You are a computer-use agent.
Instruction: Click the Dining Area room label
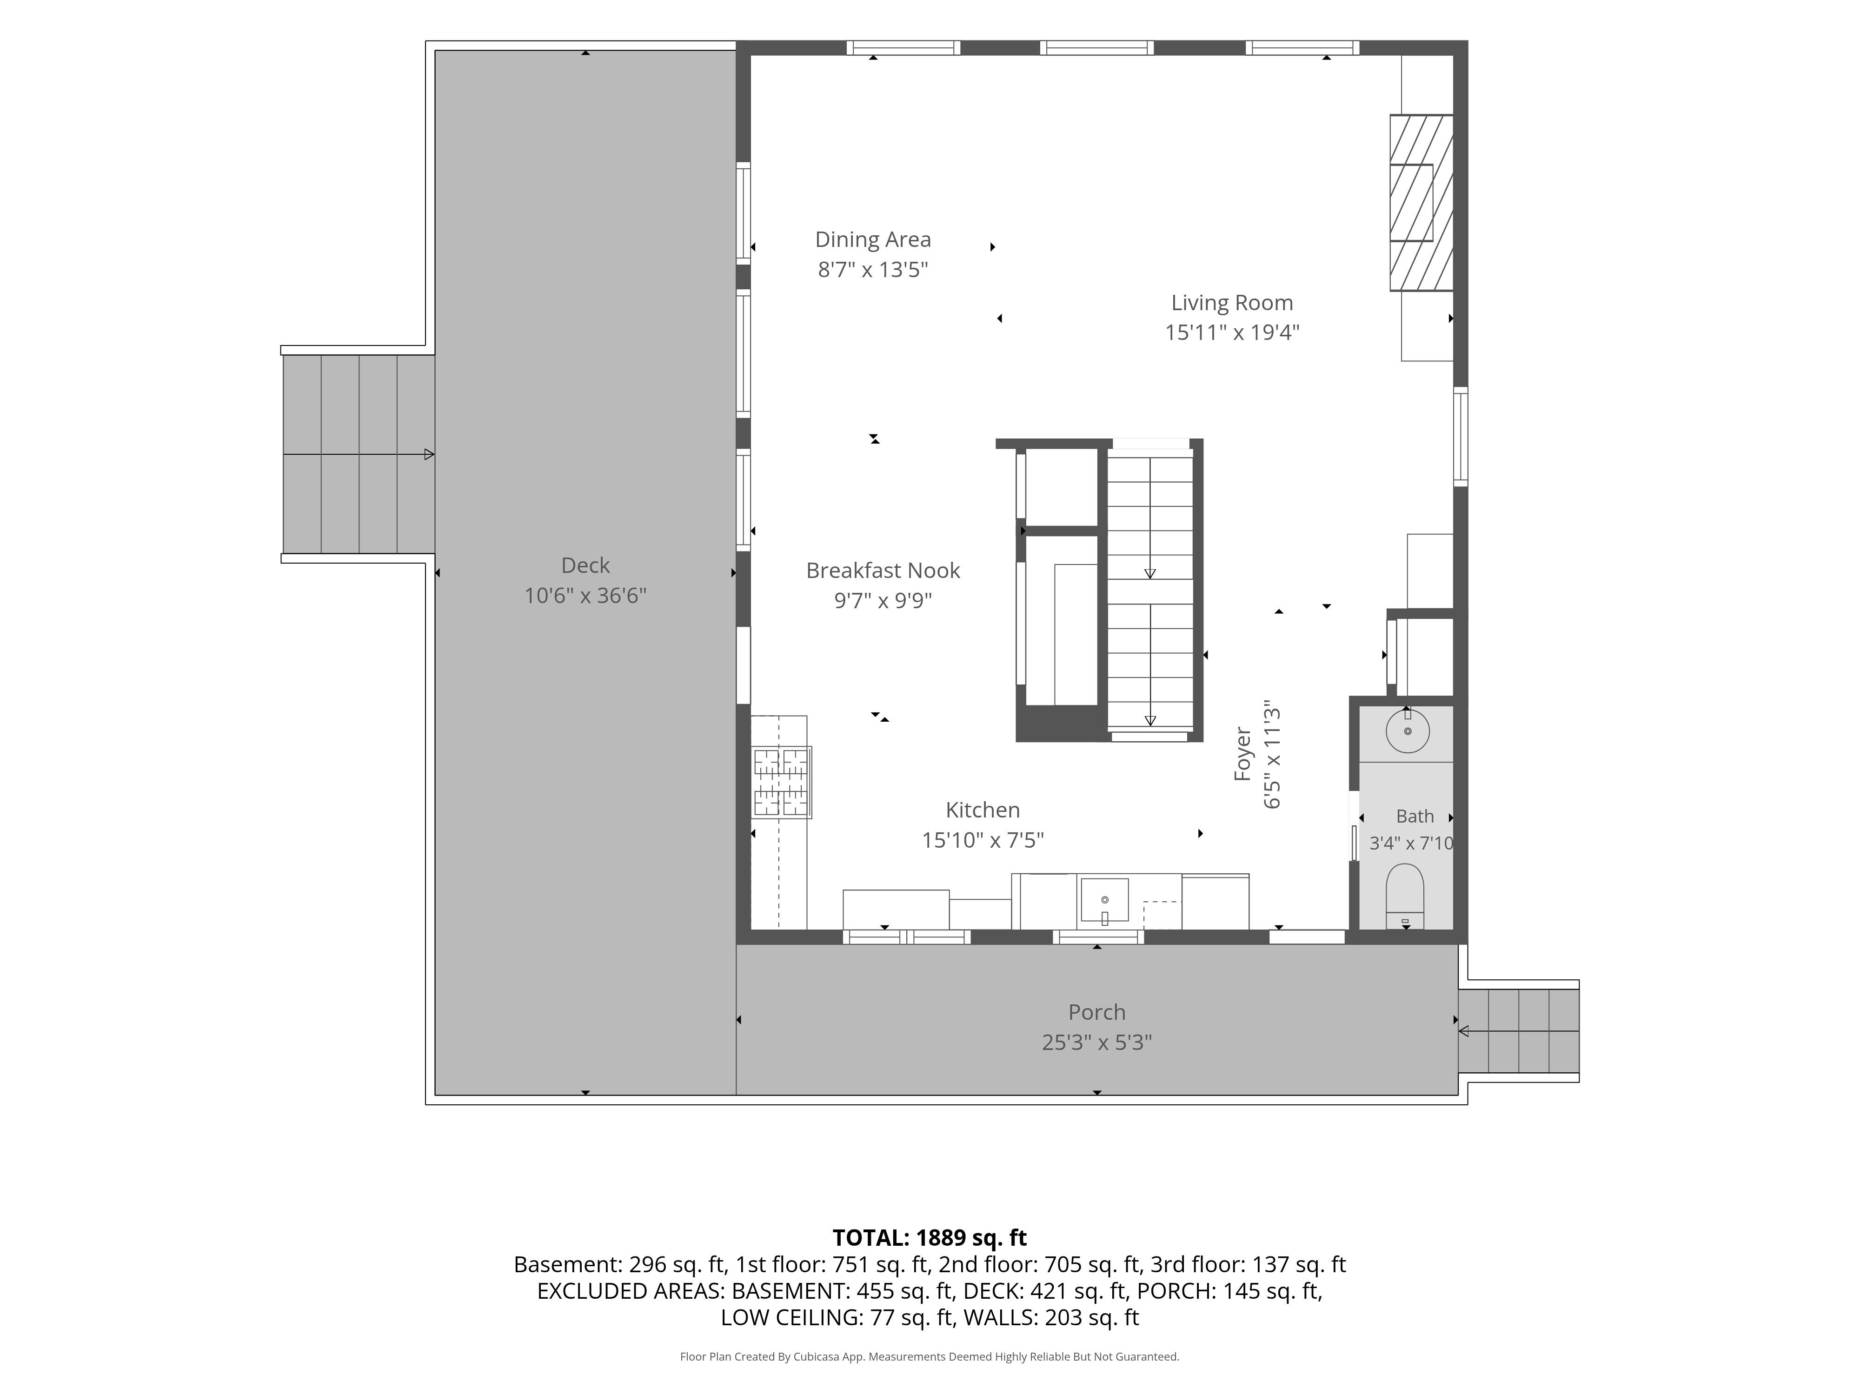[x=873, y=239]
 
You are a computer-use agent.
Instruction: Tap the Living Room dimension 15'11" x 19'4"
[x=1232, y=332]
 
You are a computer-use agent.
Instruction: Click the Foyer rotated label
[x=1243, y=754]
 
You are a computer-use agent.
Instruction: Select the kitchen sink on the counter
[x=1104, y=900]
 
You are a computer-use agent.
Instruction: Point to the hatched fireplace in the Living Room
[x=1421, y=203]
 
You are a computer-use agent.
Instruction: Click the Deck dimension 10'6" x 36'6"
[x=585, y=595]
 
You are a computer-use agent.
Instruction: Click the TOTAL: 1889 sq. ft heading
[x=929, y=1238]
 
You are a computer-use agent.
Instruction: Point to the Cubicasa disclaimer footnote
[x=929, y=1356]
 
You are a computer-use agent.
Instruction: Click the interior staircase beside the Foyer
[x=1149, y=591]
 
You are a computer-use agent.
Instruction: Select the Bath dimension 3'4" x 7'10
[x=1411, y=843]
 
